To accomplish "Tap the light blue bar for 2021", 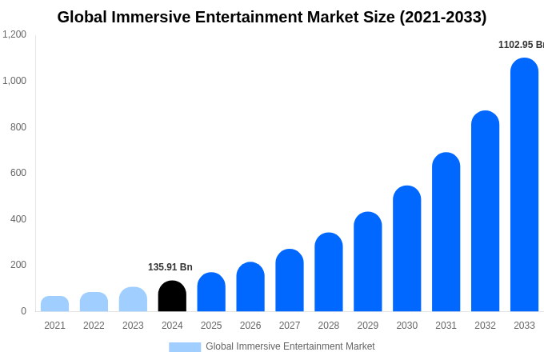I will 54,304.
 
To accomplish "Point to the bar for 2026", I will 250,287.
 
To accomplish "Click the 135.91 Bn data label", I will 170,267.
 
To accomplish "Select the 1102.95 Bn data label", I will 520,45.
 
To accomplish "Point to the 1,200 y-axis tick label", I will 14,34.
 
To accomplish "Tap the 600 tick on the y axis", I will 18,173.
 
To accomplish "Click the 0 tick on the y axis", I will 23,311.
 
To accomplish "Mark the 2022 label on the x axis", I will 94,326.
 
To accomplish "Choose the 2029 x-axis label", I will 368,326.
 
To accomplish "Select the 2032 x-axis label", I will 485,326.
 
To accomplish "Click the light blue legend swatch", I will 185,347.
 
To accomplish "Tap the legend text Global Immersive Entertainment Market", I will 290,346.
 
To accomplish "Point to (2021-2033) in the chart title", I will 443,17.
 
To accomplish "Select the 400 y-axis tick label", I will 18,219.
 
